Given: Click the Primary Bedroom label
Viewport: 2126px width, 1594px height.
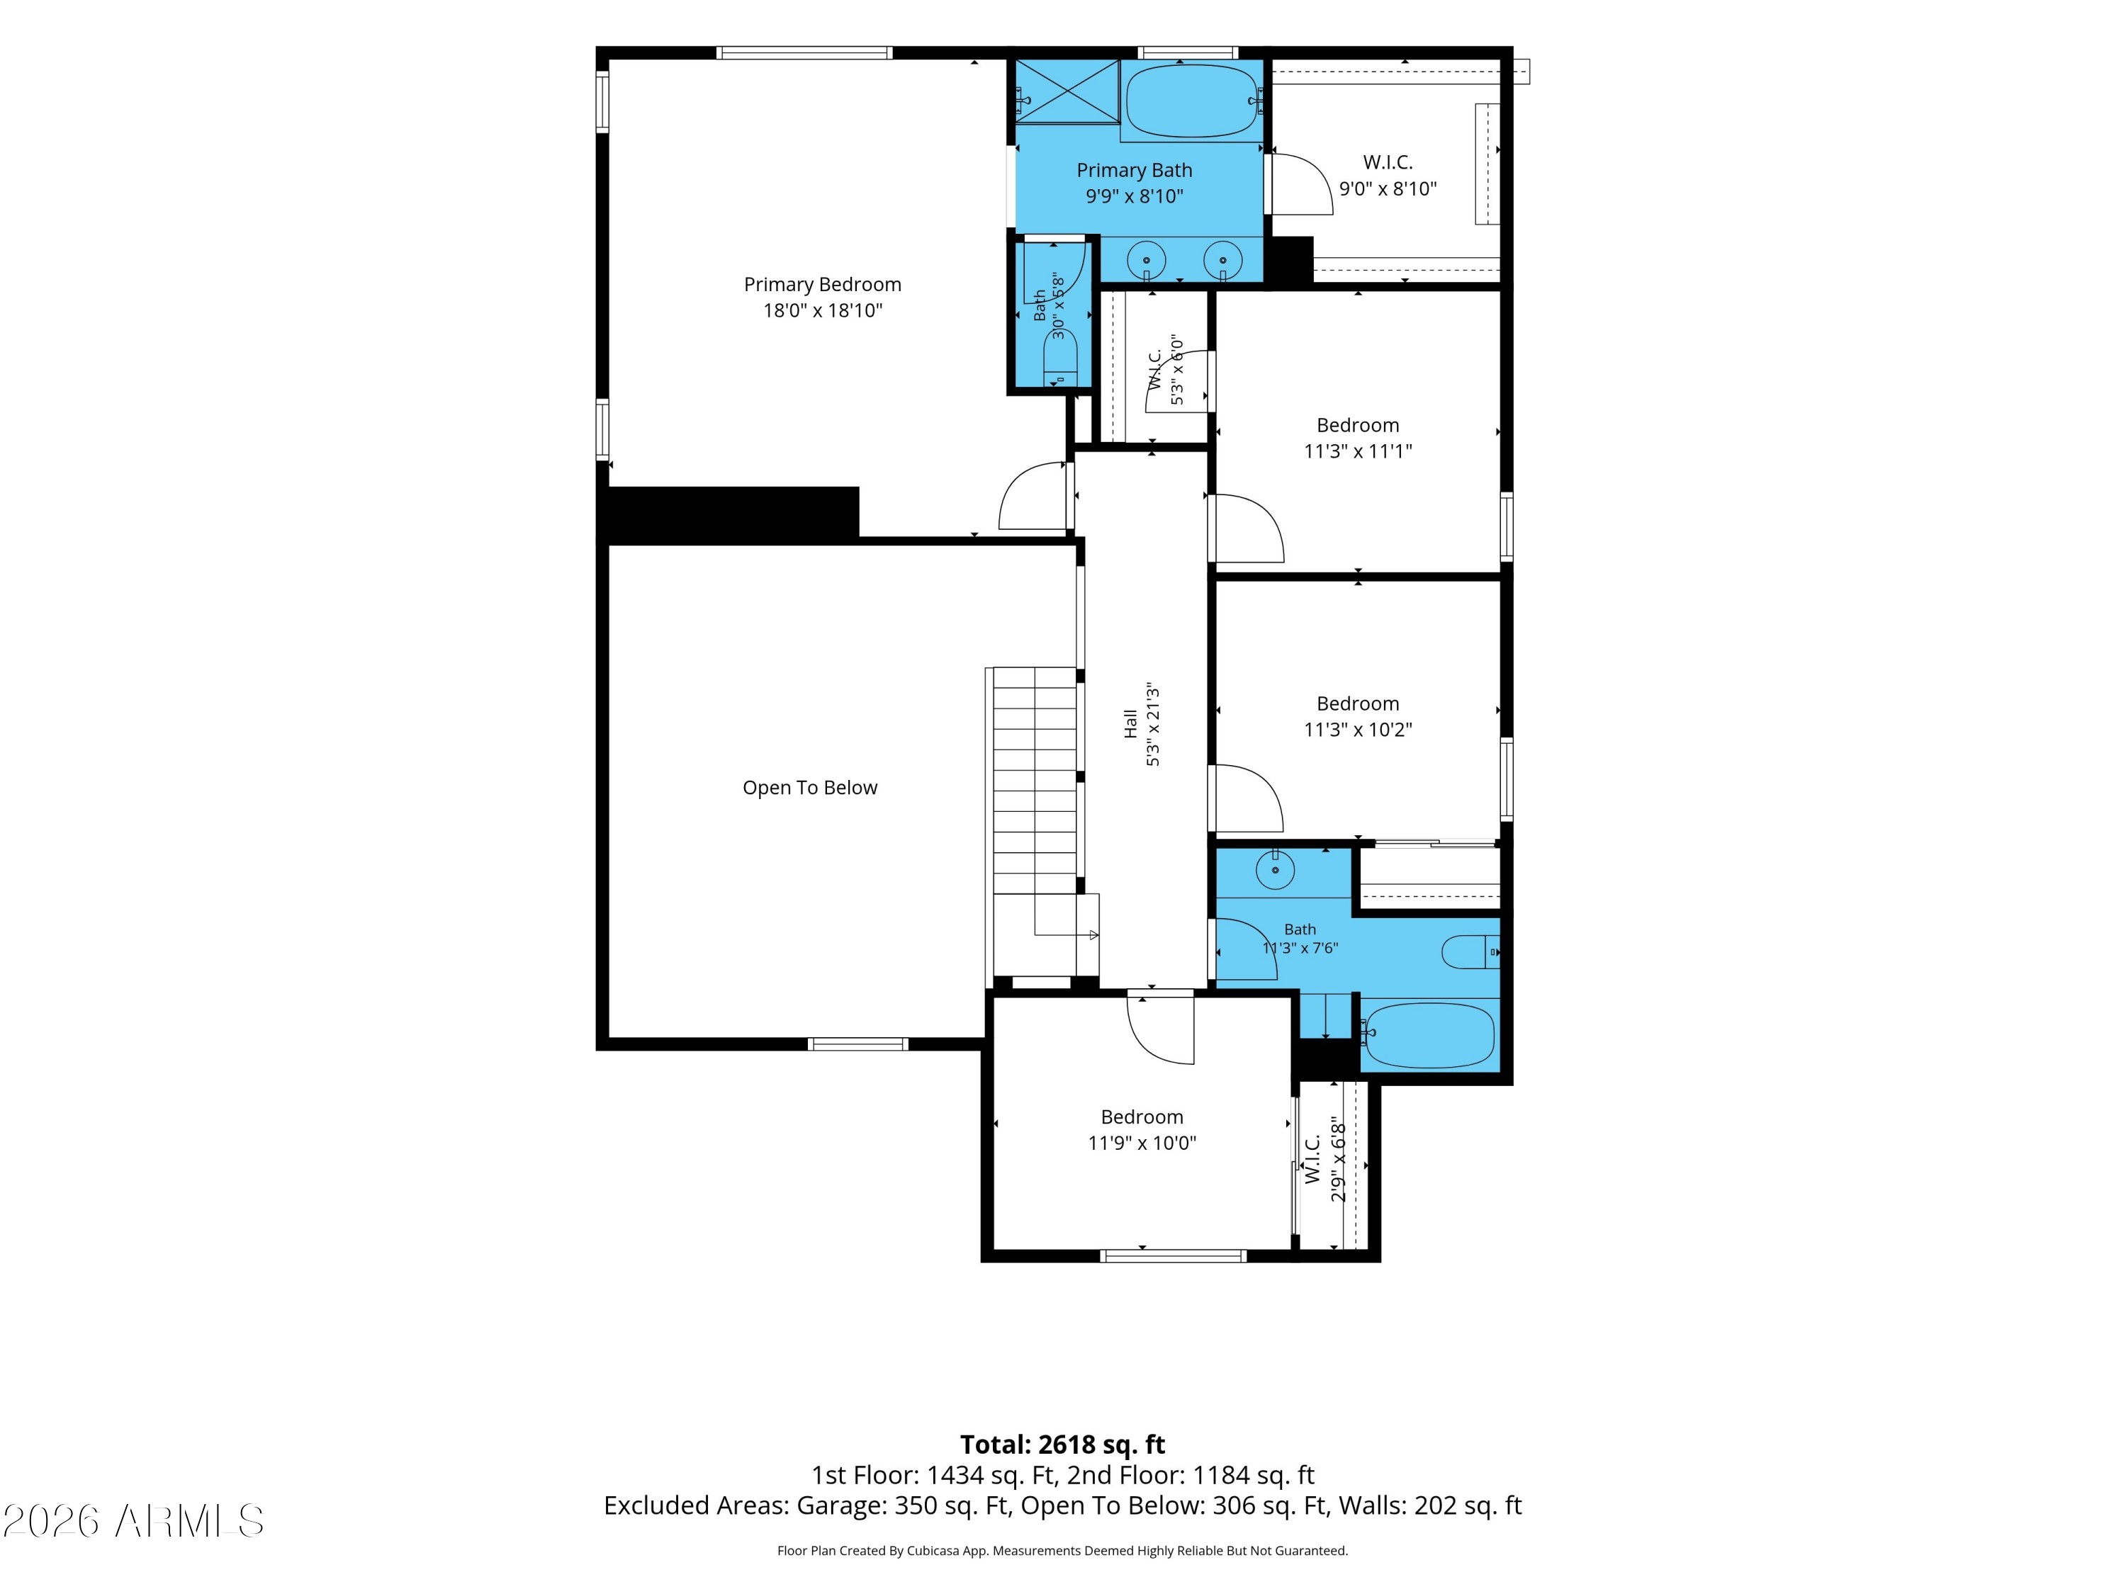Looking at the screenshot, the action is pos(822,284).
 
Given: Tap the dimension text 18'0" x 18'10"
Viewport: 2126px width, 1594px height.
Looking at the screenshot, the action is pos(823,310).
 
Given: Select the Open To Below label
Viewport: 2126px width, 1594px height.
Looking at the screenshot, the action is pos(809,788).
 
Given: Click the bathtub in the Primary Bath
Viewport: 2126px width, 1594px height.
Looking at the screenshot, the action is pos(1192,101).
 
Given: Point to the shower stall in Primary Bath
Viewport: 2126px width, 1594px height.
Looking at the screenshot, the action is pos(1068,91).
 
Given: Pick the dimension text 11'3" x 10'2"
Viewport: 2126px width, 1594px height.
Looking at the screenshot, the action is pos(1357,730).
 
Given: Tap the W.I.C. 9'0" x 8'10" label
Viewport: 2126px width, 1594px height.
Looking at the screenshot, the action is pos(1388,176).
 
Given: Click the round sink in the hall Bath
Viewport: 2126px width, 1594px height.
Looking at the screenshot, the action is pos(1274,871).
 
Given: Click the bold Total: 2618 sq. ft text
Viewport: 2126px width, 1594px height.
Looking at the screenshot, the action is pos(1062,1445).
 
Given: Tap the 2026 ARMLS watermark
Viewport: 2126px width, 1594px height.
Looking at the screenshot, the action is pos(134,1521).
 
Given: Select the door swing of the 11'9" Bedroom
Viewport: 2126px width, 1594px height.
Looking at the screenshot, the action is pos(1161,1030).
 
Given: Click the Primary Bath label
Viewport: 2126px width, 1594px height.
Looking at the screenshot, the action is pos(1134,170).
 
